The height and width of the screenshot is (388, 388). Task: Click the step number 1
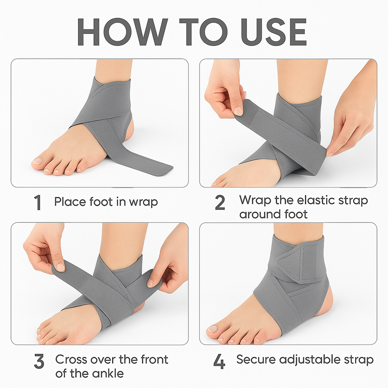pyautogui.click(x=38, y=203)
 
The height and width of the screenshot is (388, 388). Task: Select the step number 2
pyautogui.click(x=220, y=203)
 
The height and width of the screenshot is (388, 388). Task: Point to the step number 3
pyautogui.click(x=39, y=362)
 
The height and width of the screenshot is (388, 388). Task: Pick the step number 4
pyautogui.click(x=219, y=362)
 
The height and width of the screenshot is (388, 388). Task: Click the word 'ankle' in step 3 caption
pyautogui.click(x=109, y=374)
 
